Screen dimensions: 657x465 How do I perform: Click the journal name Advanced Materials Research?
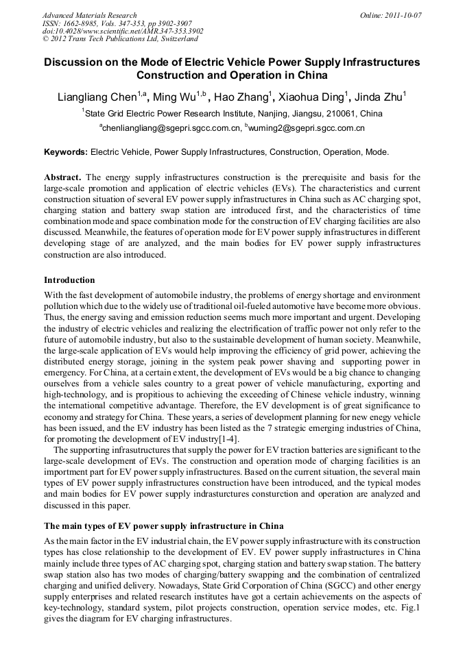pos(89,15)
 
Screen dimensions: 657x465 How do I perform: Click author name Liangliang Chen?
pos(97,97)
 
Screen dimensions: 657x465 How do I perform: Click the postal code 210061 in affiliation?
pos(337,114)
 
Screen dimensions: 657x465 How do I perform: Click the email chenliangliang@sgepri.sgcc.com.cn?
pos(171,128)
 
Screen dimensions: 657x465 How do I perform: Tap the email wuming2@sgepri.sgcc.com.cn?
pos(307,128)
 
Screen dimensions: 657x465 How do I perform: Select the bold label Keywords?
pos(66,152)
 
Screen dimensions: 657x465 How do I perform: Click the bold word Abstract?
pos(62,177)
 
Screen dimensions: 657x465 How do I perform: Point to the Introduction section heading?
pos(69,280)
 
